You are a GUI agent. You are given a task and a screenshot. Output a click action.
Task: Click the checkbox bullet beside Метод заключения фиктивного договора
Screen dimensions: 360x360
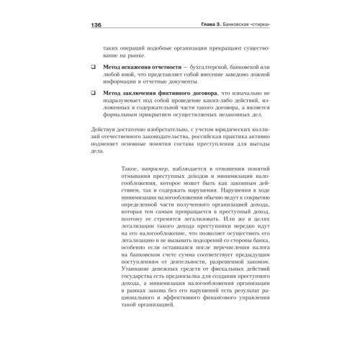(x=93, y=94)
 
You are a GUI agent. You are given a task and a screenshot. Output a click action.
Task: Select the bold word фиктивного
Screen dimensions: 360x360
(x=187, y=94)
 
